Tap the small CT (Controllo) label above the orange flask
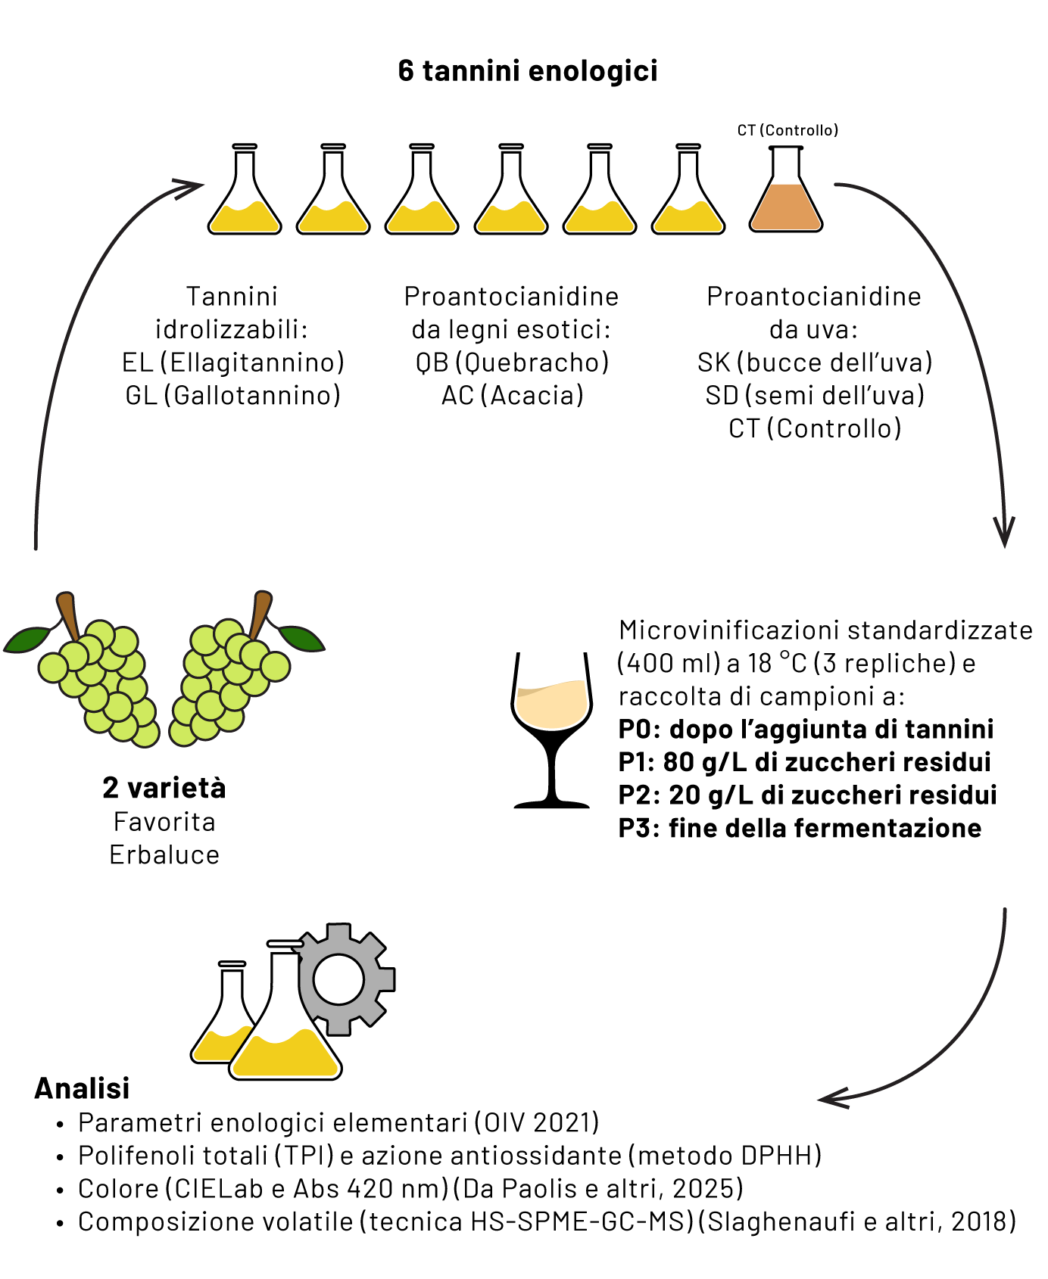[788, 130]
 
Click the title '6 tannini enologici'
[528, 70]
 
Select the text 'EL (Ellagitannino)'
[233, 363]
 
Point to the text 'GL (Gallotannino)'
[233, 395]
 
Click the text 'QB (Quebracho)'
[512, 363]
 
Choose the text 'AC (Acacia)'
[513, 395]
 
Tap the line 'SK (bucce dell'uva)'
[815, 363]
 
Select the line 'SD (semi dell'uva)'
[815, 395]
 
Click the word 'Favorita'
[164, 822]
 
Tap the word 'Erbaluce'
[164, 854]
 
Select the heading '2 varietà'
[164, 789]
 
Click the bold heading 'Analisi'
[82, 1088]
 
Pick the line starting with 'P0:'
[806, 729]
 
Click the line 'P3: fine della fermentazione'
[800, 828]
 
